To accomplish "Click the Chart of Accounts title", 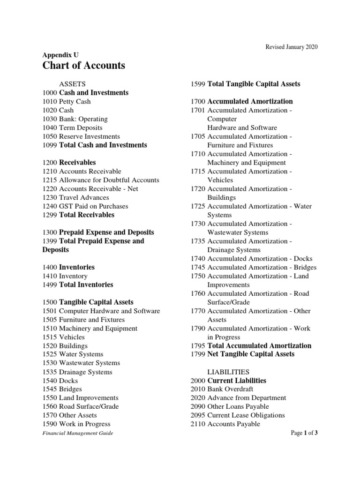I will coord(84,66).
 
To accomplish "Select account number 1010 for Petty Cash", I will coord(50,102).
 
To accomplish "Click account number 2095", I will coord(198,416).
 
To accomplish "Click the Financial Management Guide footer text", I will coord(78,434).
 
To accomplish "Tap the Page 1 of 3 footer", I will coord(304,433).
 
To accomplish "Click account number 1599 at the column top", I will coord(198,84).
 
